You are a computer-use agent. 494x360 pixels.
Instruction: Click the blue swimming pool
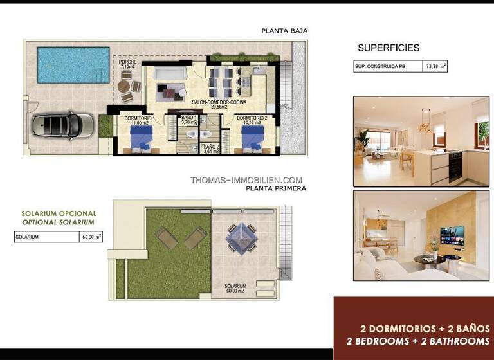(x=73, y=64)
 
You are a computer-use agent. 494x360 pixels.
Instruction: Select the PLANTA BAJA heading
(x=284, y=30)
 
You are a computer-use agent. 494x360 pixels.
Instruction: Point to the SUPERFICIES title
(x=388, y=48)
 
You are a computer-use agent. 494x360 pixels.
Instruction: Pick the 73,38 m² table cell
(x=435, y=66)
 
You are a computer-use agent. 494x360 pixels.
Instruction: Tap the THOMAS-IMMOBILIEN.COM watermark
(x=246, y=180)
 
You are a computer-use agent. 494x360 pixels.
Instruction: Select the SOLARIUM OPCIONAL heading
(x=59, y=213)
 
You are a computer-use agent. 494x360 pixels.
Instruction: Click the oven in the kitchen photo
(x=454, y=166)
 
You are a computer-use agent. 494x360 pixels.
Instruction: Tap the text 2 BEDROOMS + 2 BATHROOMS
(x=418, y=341)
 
